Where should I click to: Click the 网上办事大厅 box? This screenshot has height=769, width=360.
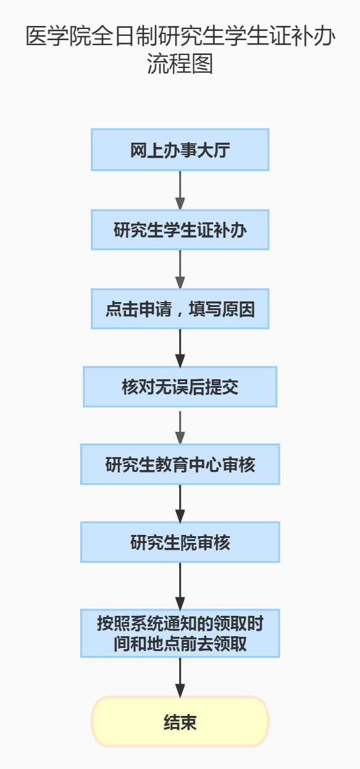click(180, 149)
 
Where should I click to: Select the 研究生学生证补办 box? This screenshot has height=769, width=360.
click(180, 230)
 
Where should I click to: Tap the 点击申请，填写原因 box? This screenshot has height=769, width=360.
click(180, 309)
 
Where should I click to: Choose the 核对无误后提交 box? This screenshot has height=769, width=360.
click(180, 387)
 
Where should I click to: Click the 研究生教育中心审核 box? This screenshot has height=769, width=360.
click(180, 464)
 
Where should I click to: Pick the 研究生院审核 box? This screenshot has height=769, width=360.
click(180, 542)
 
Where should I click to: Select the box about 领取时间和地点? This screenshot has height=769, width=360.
click(180, 633)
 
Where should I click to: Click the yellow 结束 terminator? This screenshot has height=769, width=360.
click(180, 721)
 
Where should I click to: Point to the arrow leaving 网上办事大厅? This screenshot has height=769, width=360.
click(180, 190)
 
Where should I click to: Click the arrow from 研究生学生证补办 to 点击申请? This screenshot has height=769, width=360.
click(180, 269)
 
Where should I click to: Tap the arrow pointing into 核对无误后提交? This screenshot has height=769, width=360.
click(180, 348)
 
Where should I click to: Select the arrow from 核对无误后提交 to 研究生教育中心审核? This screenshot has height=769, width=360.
click(180, 427)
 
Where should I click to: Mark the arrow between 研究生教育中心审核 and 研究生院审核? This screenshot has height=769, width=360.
click(180, 503)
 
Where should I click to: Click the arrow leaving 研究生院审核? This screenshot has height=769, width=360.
click(180, 586)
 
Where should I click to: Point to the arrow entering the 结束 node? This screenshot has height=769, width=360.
click(180, 677)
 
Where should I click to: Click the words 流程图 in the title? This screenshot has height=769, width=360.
click(180, 64)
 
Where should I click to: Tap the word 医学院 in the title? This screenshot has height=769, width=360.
click(59, 36)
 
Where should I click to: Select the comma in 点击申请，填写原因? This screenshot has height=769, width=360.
click(180, 312)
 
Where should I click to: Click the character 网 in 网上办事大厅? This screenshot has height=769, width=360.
click(138, 150)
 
